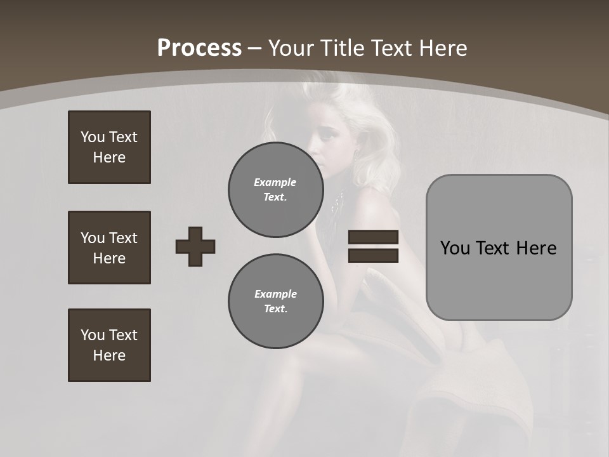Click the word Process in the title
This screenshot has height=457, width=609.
tap(199, 48)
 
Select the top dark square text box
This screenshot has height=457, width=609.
tap(109, 147)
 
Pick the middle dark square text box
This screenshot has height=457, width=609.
tap(109, 248)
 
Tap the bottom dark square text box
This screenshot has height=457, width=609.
tap(109, 345)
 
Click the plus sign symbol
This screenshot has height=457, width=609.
tap(195, 246)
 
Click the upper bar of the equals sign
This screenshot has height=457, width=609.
tap(373, 237)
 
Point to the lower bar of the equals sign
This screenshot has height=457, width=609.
tap(373, 255)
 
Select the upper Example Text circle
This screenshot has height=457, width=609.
tap(275, 190)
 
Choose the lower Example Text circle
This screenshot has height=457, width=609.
tap(275, 301)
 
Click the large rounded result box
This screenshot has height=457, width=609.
tap(499, 247)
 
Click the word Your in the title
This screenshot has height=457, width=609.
tap(291, 48)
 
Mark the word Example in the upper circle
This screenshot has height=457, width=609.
tap(275, 182)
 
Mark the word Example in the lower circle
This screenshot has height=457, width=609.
tap(275, 294)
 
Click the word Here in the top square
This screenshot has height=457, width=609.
tap(109, 157)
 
